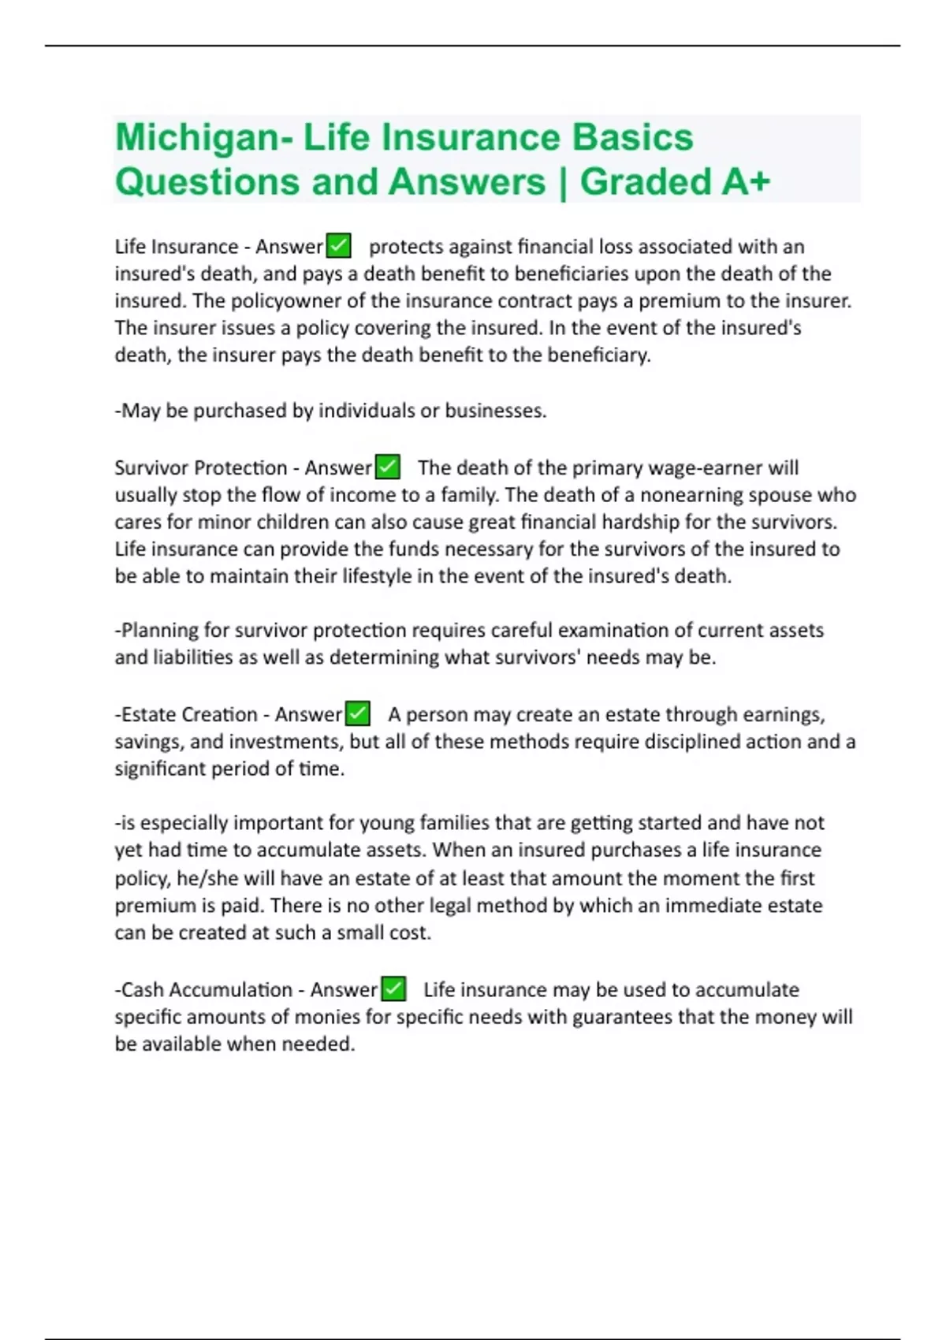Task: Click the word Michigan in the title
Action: click(x=197, y=138)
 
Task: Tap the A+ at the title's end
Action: click(x=745, y=182)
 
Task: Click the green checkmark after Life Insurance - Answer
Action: click(x=338, y=246)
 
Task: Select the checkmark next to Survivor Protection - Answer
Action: click(x=387, y=467)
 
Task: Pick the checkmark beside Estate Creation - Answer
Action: click(x=358, y=714)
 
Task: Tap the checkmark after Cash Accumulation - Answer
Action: click(x=393, y=989)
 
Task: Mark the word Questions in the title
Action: click(x=207, y=182)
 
